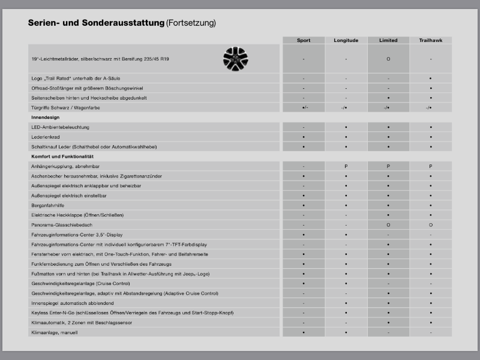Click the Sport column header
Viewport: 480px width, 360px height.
tap(304, 40)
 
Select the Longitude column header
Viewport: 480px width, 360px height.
tap(346, 40)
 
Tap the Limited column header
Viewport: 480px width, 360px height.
tap(388, 40)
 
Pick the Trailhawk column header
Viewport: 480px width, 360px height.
tap(431, 40)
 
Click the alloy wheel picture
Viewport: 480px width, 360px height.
tap(235, 58)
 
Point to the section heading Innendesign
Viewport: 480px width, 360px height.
tap(46, 118)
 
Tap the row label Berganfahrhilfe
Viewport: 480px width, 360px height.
tap(49, 205)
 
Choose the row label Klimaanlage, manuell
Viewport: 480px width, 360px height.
tap(55, 332)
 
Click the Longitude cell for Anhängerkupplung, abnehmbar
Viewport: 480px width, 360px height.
tap(346, 166)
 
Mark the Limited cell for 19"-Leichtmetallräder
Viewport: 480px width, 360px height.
tap(388, 59)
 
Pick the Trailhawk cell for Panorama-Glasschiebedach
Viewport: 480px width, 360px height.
tap(431, 224)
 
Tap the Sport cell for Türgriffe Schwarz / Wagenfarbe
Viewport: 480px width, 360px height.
tap(304, 107)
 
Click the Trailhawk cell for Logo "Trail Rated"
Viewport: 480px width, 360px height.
tap(431, 79)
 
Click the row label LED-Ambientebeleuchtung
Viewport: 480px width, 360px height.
tap(60, 127)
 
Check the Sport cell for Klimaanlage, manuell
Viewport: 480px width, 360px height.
tap(304, 332)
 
